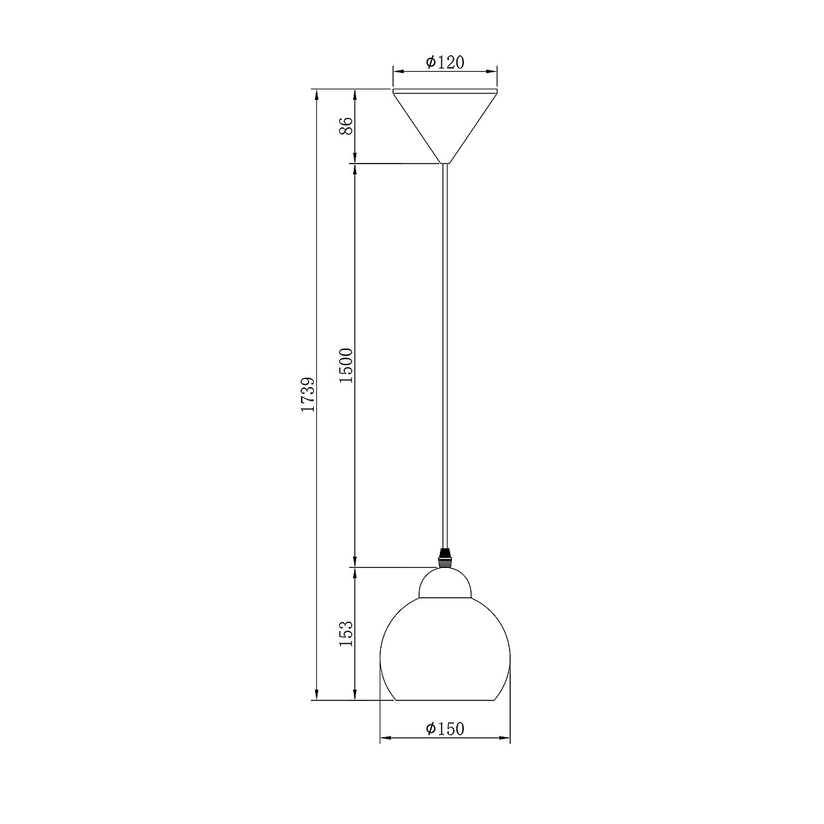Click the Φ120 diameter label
point(445,62)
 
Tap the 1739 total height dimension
point(308,394)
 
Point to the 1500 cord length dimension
point(346,365)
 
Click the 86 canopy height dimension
point(346,126)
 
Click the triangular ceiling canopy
point(445,124)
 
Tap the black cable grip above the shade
point(445,558)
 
